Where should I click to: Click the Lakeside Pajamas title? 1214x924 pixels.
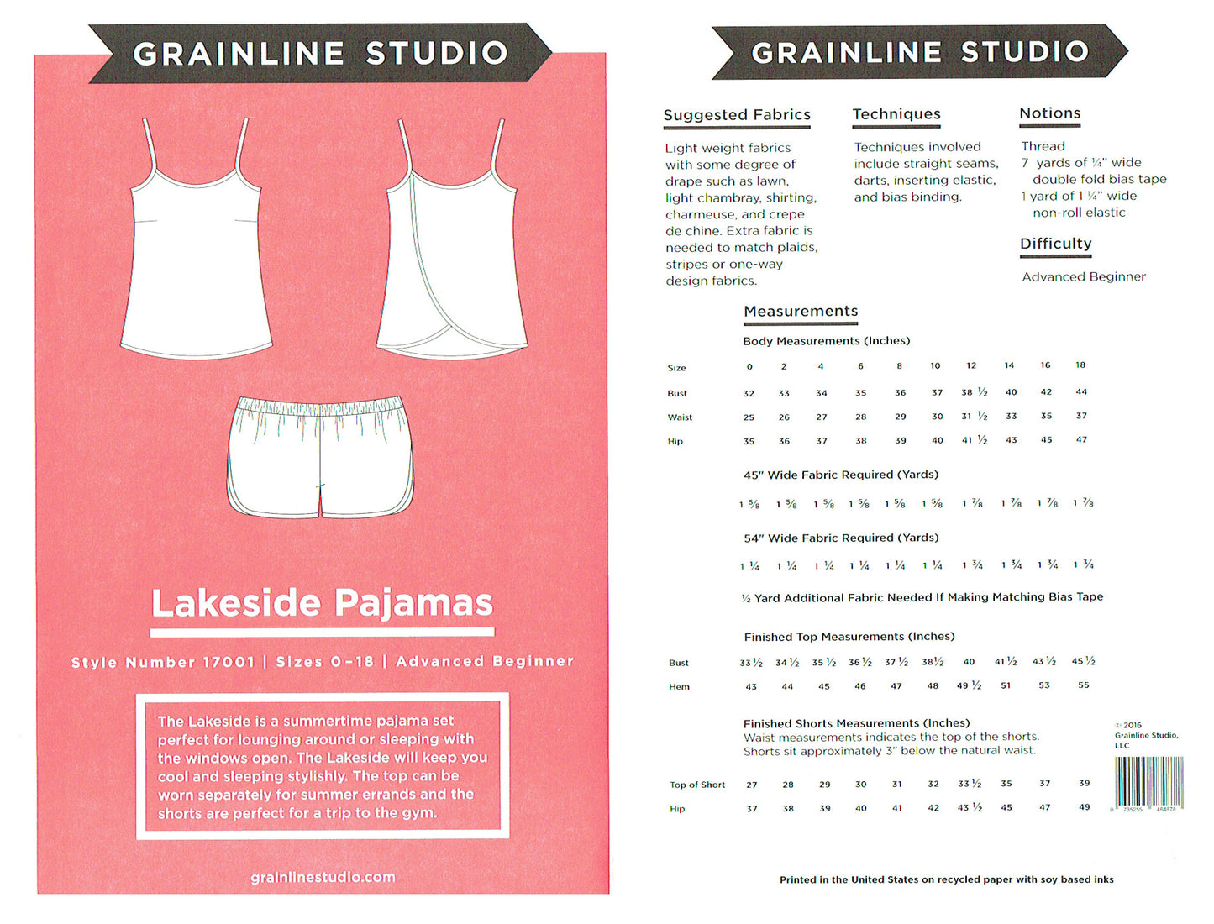point(322,603)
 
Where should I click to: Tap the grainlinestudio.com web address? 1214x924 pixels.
point(323,877)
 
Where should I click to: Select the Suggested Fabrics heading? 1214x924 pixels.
point(737,115)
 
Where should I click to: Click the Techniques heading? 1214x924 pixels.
point(896,114)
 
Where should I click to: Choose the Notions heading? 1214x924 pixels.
point(1049,113)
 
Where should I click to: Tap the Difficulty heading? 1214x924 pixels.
point(1055,244)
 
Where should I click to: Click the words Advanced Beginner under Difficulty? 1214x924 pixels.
point(1083,276)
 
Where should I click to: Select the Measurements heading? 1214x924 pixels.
point(801,312)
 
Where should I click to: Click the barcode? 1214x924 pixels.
point(1148,781)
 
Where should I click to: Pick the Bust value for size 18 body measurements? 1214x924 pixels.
point(1081,391)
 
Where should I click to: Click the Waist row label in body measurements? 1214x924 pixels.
point(680,417)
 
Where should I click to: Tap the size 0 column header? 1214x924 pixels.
point(749,366)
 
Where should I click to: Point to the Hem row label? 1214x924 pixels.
point(679,687)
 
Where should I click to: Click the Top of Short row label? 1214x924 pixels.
point(696,785)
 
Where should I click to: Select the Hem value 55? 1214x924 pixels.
point(1083,685)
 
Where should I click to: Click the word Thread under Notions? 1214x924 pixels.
point(1043,146)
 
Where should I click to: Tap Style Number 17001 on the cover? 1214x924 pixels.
point(162,662)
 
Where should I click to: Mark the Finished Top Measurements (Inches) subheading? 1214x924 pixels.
point(849,637)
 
